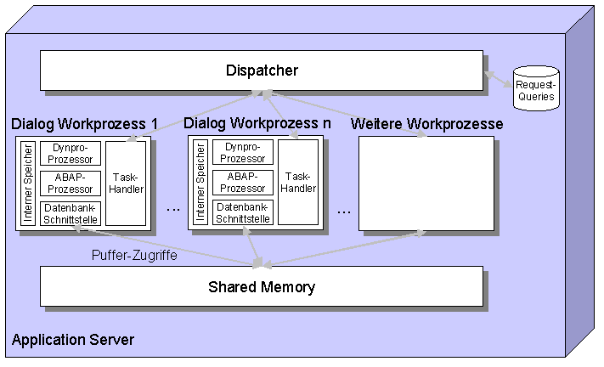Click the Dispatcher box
(262, 71)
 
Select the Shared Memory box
(262, 286)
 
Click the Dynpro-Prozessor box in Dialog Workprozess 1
(71, 153)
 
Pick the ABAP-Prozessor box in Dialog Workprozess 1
(71, 183)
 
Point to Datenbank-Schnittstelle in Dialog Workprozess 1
(71, 213)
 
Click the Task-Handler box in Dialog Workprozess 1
(126, 183)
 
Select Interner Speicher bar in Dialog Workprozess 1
(28, 183)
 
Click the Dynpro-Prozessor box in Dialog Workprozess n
(243, 153)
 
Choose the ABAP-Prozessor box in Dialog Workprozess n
(243, 183)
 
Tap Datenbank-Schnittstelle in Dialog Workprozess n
(243, 213)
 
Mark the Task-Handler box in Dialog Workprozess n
(298, 183)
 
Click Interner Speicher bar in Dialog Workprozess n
(200, 183)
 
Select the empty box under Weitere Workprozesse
(426, 183)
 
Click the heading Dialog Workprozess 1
(85, 124)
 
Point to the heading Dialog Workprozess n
(257, 123)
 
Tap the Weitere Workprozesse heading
(426, 124)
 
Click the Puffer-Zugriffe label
(134, 254)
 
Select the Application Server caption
(73, 341)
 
